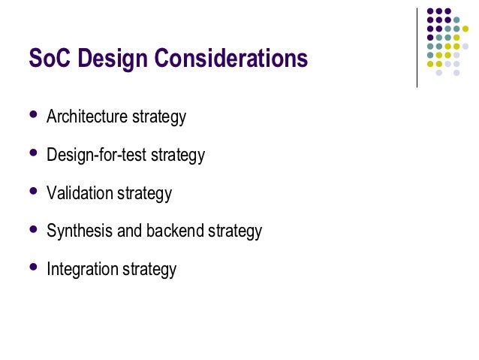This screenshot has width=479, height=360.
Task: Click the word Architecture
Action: (x=87, y=117)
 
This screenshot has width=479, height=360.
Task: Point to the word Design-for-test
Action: (x=97, y=156)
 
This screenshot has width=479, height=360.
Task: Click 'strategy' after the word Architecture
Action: (x=159, y=117)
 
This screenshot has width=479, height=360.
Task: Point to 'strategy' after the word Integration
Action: (x=149, y=268)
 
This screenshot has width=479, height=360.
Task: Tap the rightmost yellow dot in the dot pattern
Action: (x=465, y=29)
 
